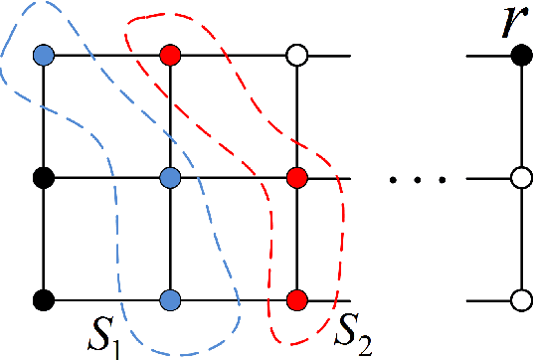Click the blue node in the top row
(x=43, y=55)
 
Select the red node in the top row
(x=170, y=55)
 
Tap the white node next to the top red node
(x=296, y=55)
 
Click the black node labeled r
(x=518, y=55)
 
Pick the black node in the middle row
(x=43, y=179)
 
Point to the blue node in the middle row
(x=170, y=179)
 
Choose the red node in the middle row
(x=296, y=179)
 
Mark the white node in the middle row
(x=518, y=179)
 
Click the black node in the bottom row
(x=43, y=299)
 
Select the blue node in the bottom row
(x=170, y=299)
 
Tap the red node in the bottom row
(x=296, y=299)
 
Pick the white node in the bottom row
(x=518, y=299)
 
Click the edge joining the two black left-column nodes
(x=43, y=239)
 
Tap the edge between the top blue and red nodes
(x=106, y=55)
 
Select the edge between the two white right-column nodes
(x=518, y=239)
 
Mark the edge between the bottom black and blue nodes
(x=106, y=299)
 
